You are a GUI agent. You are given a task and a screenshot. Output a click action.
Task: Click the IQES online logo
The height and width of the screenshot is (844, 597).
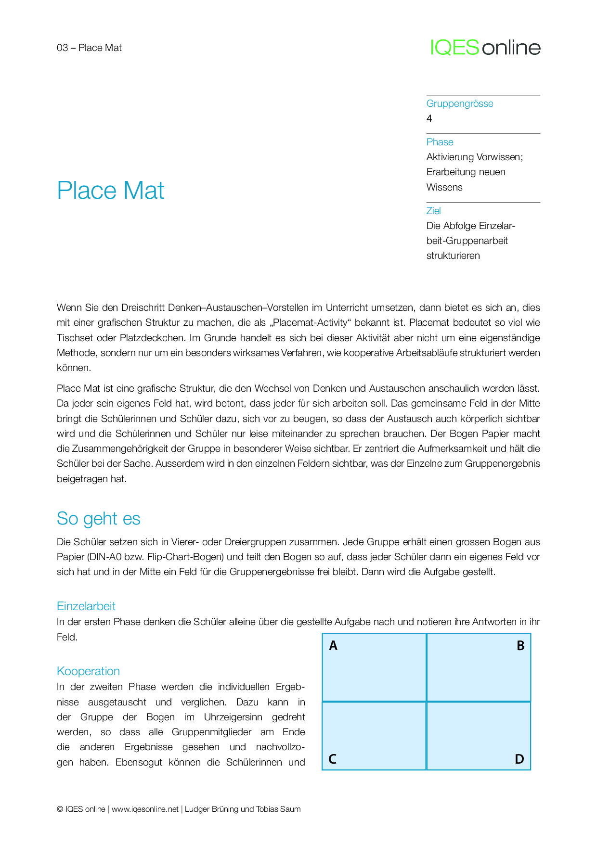coord(485,47)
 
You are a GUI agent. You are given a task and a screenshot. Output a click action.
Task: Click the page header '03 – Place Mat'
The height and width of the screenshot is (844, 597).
coord(89,48)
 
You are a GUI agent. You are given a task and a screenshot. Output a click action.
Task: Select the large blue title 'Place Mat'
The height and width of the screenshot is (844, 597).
coord(111,190)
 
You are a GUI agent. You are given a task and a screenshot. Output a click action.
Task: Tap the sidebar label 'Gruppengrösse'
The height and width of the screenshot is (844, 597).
coord(460,103)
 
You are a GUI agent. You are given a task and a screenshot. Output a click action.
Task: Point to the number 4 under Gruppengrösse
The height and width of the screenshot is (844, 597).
coord(429,118)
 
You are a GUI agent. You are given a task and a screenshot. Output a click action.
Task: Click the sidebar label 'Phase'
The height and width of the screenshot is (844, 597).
coord(440,142)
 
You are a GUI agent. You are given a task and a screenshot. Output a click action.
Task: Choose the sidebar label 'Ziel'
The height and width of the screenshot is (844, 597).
coord(433,211)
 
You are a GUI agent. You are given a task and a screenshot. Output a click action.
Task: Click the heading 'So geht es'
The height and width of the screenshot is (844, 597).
coord(99,519)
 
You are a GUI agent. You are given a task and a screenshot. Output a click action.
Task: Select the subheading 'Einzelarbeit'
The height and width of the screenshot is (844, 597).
coord(86,606)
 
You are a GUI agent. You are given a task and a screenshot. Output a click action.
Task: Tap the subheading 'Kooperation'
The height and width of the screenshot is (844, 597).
coord(88,671)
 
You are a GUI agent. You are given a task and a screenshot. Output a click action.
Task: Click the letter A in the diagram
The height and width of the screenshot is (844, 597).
coord(333,646)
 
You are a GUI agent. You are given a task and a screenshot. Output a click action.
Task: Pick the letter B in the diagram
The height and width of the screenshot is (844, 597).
coord(520,646)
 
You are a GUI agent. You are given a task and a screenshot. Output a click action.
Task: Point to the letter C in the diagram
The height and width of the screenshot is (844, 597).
coord(332,759)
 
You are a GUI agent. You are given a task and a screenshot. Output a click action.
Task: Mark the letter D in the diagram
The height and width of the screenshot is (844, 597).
coord(519,759)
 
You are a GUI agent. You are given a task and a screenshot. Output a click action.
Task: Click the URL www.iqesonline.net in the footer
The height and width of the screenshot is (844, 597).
coord(145,809)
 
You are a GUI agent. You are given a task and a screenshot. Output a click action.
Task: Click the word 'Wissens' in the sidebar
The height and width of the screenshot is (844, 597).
coord(444,187)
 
